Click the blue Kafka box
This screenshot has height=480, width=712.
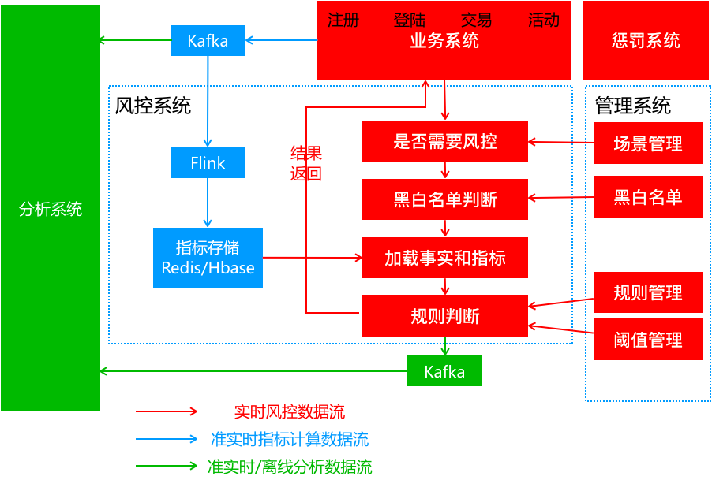point(208,40)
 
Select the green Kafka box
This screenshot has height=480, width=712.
point(444,371)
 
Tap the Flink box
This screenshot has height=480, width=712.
point(208,163)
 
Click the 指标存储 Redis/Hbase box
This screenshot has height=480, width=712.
point(208,258)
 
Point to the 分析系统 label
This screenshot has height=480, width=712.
point(51,209)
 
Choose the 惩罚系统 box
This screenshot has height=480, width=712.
point(646,40)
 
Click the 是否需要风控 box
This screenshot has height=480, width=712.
point(445,142)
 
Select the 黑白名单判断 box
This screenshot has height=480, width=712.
point(445,199)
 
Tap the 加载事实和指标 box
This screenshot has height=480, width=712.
point(445,258)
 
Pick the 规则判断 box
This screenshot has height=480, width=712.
point(445,316)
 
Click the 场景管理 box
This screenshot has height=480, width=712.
point(647,143)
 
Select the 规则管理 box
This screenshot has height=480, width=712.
point(647,292)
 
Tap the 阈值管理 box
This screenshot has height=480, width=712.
point(647,340)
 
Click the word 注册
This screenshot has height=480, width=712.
point(343,20)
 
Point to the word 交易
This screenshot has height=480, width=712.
point(476,20)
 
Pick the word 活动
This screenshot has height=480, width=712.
point(543,20)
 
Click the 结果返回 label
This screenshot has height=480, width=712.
point(306,163)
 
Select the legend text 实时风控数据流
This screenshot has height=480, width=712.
point(289,411)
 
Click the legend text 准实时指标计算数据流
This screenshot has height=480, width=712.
point(289,439)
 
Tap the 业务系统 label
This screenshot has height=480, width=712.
point(444,41)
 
